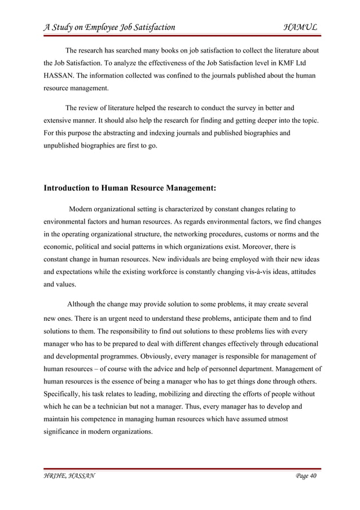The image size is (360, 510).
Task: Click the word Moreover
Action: pos(259,246)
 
